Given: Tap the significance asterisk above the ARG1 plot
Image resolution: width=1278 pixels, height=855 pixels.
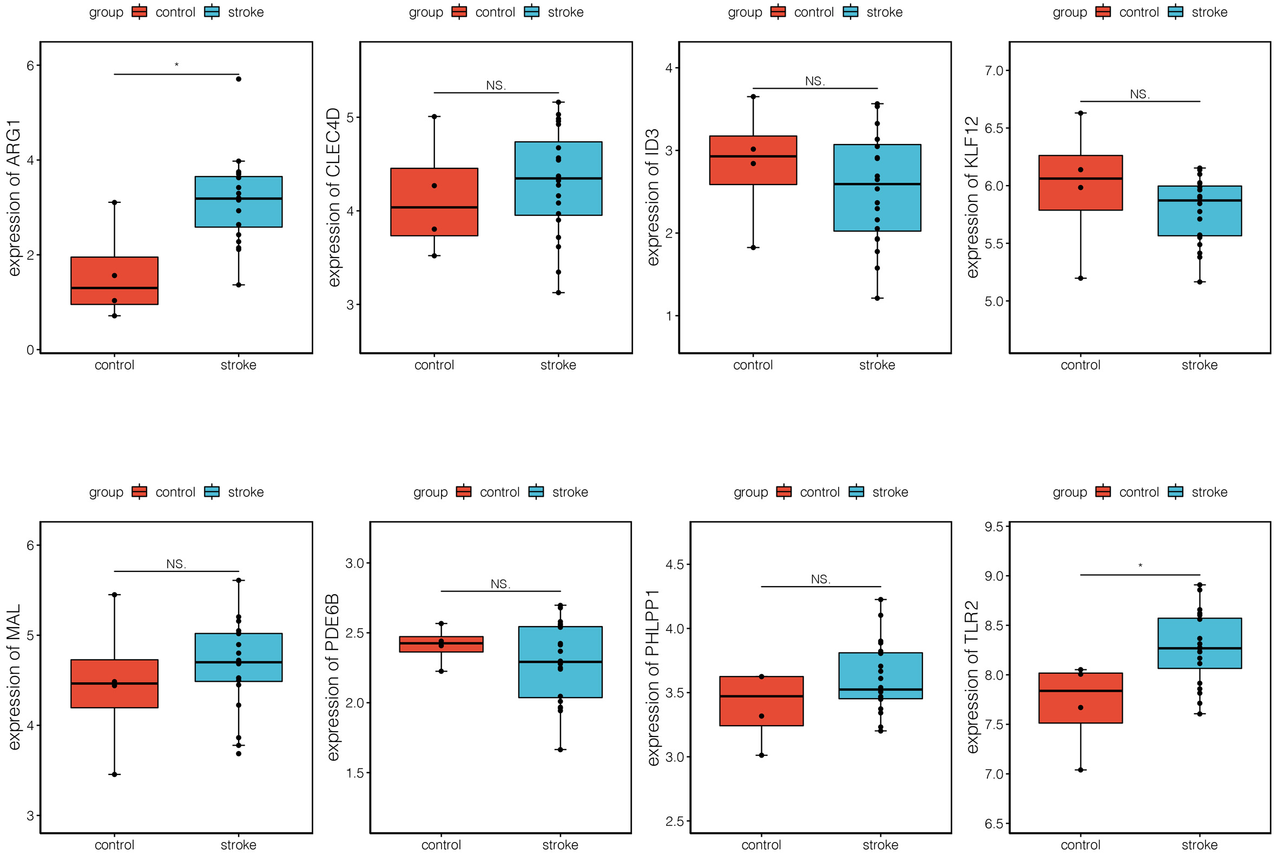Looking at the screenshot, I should (x=176, y=65).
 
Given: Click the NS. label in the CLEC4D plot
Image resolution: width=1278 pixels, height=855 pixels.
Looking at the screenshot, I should (x=496, y=85).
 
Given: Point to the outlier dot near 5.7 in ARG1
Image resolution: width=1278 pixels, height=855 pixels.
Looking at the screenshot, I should (x=239, y=79).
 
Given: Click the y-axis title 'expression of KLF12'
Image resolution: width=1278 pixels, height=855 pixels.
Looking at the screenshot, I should (x=972, y=197).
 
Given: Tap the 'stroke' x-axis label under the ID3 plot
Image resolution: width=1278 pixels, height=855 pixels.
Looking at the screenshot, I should (x=877, y=365).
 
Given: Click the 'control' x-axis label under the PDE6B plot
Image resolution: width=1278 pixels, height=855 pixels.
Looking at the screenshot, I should (x=441, y=845).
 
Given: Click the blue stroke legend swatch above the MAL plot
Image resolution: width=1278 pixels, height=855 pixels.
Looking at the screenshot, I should (x=212, y=492).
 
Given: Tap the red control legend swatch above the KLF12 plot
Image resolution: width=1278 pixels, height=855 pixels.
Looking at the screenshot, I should (x=1103, y=12).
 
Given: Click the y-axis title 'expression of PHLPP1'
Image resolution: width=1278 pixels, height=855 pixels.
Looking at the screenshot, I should (x=653, y=678).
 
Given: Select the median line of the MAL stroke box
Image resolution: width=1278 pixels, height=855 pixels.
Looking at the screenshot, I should (x=239, y=662).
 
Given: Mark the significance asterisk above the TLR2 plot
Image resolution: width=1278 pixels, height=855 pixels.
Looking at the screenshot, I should (x=1140, y=566).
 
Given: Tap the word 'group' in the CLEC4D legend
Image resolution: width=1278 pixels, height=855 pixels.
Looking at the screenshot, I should (x=426, y=12).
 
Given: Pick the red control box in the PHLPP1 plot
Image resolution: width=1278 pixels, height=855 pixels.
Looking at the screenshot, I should (x=761, y=701).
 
